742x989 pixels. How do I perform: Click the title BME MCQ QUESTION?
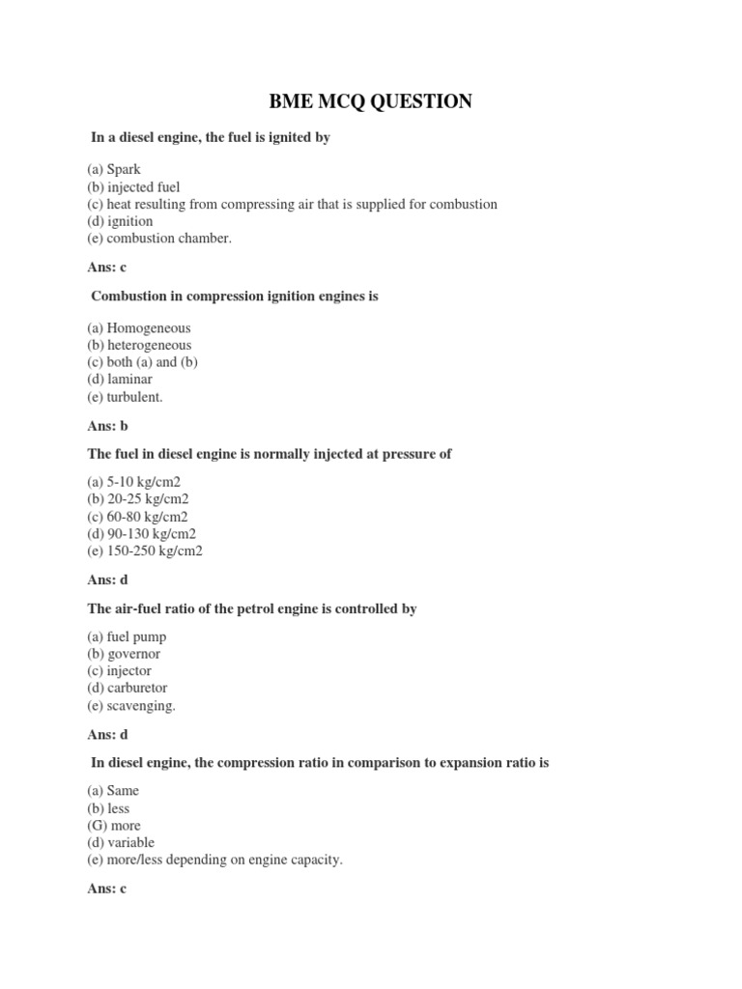[x=370, y=100]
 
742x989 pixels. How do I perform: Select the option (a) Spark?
[x=114, y=170]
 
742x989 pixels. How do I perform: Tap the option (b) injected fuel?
[x=133, y=187]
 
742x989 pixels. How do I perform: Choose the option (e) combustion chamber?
[x=159, y=239]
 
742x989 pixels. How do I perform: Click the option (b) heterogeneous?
[x=139, y=345]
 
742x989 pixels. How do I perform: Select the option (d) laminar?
[x=120, y=380]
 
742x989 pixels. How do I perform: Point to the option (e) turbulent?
[x=125, y=397]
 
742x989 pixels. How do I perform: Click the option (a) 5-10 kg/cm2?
[x=133, y=482]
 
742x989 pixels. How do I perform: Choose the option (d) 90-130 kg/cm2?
[x=141, y=534]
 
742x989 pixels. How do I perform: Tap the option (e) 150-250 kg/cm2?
[x=145, y=551]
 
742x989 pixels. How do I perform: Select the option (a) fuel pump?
[x=126, y=636]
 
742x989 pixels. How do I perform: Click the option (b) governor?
[x=124, y=654]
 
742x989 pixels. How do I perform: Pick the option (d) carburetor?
[x=127, y=689]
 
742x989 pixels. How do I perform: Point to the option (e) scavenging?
[x=131, y=706]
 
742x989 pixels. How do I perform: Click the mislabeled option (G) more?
[x=114, y=826]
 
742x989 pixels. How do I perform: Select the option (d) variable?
[x=121, y=843]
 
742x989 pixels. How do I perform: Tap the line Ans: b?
[x=107, y=426]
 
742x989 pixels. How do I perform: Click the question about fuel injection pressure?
[x=270, y=454]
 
